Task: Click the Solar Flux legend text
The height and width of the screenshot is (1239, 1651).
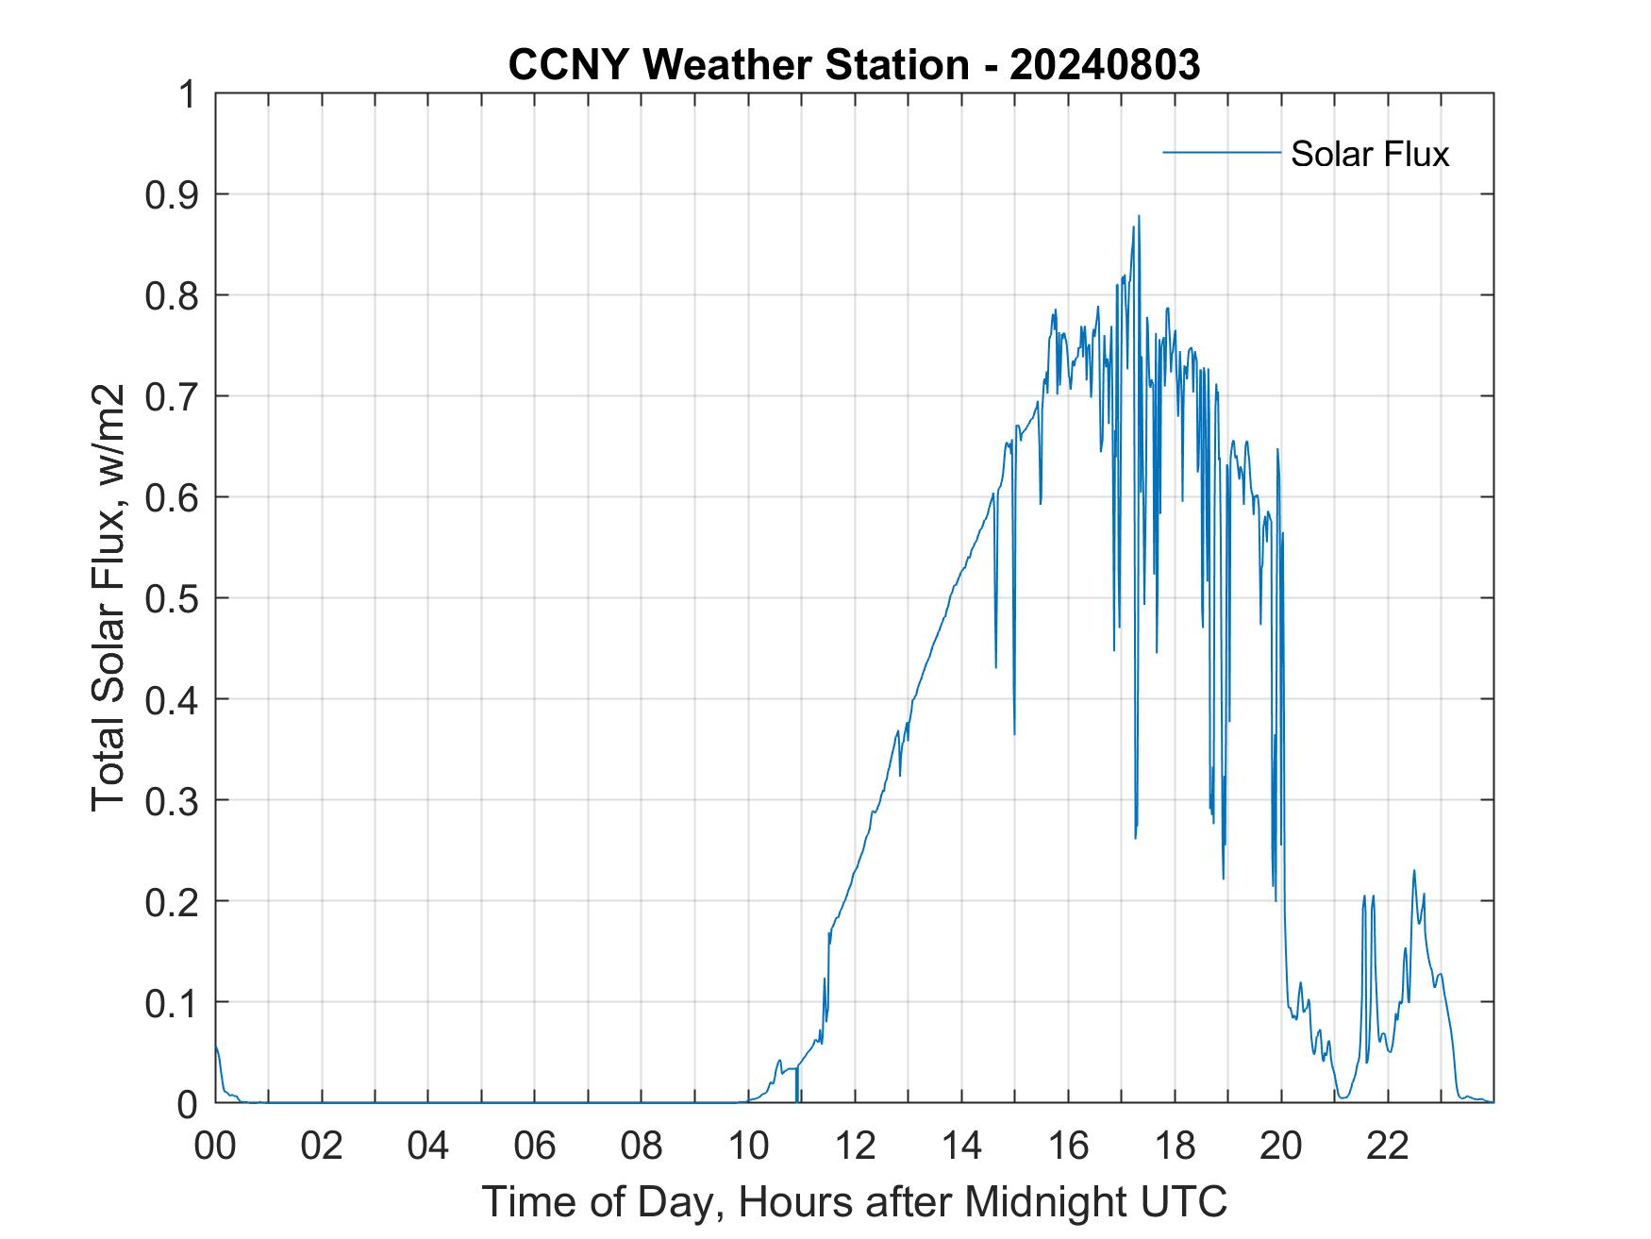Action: click(1369, 154)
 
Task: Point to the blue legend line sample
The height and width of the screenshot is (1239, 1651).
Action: click(1221, 152)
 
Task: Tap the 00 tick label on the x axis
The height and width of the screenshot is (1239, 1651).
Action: click(215, 1146)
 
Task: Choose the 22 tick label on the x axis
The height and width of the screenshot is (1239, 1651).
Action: click(1388, 1146)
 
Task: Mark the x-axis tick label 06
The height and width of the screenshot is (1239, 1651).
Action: click(535, 1146)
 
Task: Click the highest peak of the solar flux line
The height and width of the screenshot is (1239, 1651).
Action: click(1139, 216)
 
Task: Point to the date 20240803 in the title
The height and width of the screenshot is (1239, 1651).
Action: click(1104, 65)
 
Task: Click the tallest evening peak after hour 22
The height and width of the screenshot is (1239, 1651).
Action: click(1413, 871)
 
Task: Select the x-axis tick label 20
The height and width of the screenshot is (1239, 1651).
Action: click(1281, 1146)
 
